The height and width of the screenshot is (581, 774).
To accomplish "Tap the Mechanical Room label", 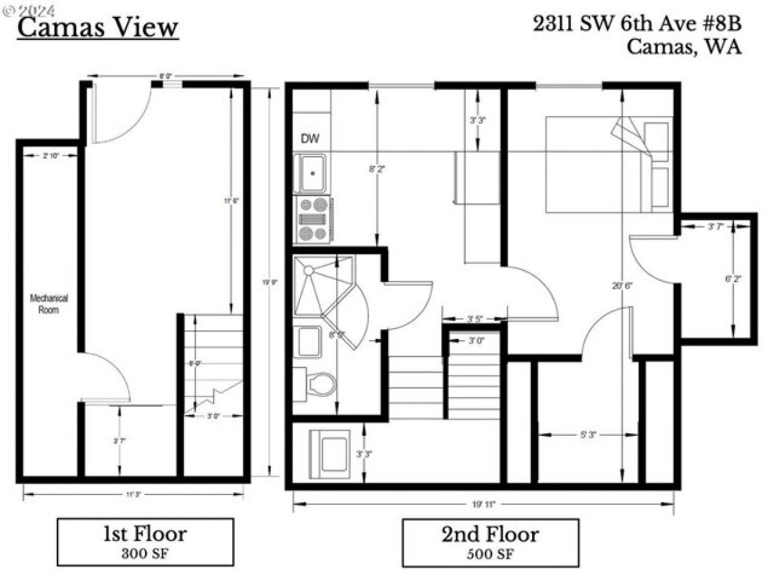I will point(48,304).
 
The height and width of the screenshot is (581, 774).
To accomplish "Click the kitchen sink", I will point(310,173).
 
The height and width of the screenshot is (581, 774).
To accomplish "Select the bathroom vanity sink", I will point(308,341).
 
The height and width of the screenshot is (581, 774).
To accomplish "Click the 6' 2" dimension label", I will point(734,280).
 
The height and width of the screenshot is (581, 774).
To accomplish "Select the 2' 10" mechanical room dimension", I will point(49,155).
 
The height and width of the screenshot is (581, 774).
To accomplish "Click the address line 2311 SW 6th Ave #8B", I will point(637,24).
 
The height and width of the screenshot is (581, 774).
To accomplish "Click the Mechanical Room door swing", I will point(106,378).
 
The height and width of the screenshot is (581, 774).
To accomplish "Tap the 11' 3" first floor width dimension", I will point(134,494).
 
